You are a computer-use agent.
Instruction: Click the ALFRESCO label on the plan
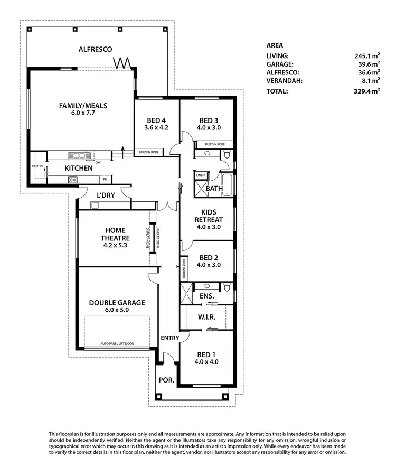(x=96, y=49)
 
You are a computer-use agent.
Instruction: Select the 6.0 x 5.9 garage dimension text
(x=117, y=311)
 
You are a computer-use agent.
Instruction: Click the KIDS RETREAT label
(x=208, y=216)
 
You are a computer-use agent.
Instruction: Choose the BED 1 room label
(x=206, y=354)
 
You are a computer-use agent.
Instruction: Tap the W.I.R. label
(x=206, y=318)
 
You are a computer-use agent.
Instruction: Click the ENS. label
(x=206, y=296)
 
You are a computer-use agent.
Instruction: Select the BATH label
(x=214, y=189)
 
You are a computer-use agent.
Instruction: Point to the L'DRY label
(x=105, y=195)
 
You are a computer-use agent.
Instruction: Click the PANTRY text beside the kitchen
(x=37, y=166)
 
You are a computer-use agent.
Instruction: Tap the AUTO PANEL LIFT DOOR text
(x=117, y=344)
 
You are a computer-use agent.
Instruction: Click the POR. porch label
(x=165, y=380)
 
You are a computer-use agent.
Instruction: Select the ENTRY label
(x=169, y=338)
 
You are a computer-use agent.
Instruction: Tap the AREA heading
(x=275, y=45)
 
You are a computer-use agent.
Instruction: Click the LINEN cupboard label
(x=200, y=175)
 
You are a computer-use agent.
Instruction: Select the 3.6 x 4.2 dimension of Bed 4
(x=156, y=127)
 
